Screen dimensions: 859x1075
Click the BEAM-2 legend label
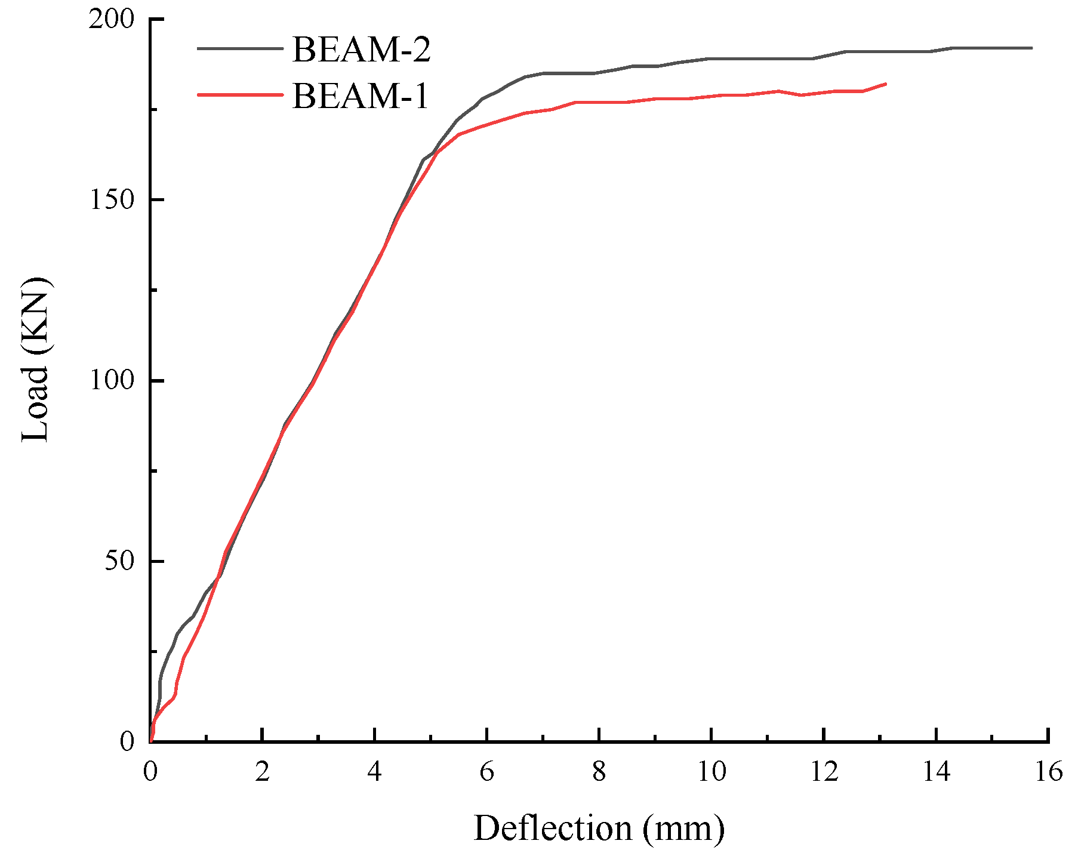click(x=361, y=50)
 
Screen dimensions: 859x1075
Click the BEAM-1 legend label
click(x=361, y=96)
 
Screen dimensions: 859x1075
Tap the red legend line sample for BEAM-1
click(x=240, y=95)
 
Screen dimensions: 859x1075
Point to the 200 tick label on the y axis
click(x=112, y=20)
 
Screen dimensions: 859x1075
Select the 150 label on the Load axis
click(x=112, y=200)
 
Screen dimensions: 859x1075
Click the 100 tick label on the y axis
click(x=112, y=381)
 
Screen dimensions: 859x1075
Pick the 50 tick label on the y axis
click(x=119, y=562)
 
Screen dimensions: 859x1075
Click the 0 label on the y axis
click(x=127, y=742)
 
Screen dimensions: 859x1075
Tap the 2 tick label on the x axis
click(x=262, y=772)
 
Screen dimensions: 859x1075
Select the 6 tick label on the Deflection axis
click(x=486, y=772)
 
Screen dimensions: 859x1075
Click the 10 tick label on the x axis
click(x=711, y=772)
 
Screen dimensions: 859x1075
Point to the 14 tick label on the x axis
click(x=936, y=772)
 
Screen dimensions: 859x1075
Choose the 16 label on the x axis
click(x=1048, y=772)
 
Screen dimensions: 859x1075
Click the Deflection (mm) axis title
click(x=599, y=829)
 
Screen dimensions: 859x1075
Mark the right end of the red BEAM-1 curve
click(x=886, y=84)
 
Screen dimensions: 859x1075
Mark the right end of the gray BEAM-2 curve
click(x=1031, y=48)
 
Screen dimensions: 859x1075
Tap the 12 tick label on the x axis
click(x=824, y=772)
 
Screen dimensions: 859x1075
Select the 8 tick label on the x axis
click(x=599, y=772)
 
